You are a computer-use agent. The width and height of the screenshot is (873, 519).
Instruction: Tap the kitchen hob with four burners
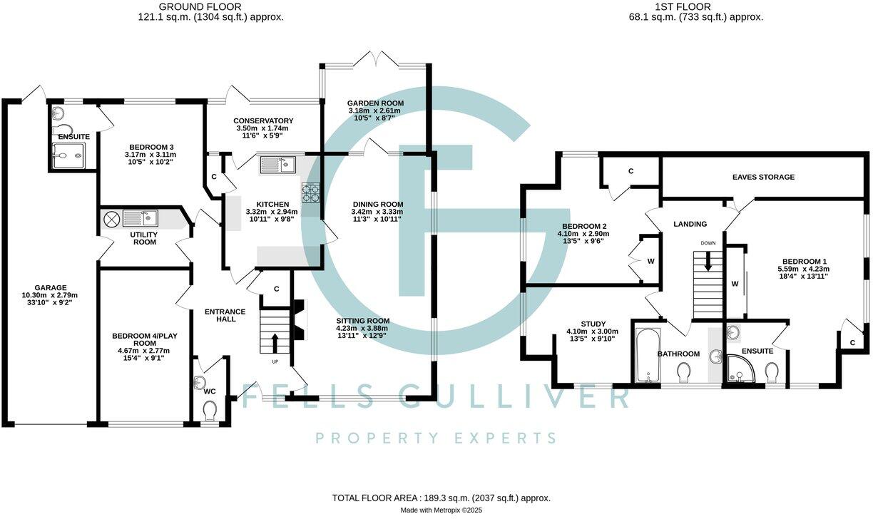[x=312, y=192]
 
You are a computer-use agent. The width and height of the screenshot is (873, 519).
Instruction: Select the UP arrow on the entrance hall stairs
[x=274, y=342]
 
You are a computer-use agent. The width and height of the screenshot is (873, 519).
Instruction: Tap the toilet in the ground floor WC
[x=209, y=412]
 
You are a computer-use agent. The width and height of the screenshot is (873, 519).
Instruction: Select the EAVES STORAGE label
[x=763, y=177]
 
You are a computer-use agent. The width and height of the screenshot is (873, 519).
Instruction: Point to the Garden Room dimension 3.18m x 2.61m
[x=374, y=111]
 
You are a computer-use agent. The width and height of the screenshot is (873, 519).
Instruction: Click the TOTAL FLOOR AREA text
[x=441, y=498]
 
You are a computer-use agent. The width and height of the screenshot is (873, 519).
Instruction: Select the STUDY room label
[x=592, y=324]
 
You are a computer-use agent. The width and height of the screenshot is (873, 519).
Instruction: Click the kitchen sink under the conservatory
[x=279, y=165]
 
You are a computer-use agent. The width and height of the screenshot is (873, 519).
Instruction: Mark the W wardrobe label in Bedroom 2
[x=650, y=261]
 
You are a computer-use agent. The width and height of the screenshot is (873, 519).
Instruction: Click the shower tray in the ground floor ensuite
[x=68, y=155]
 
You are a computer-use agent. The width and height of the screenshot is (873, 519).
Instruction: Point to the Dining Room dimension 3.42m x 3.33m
[x=377, y=212]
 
